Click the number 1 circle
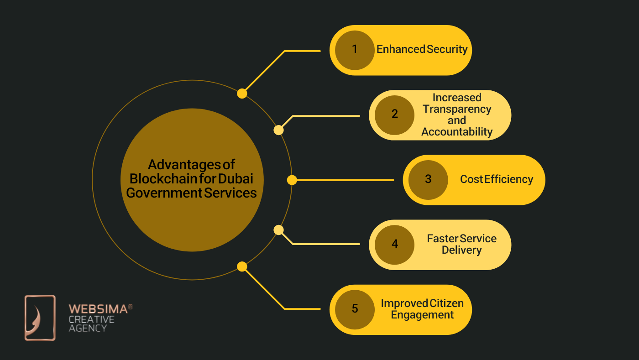tap(355, 50)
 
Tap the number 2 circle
tap(394, 115)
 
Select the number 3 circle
tap(428, 179)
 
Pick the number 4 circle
tap(394, 244)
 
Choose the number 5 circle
tap(355, 309)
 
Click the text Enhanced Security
tap(422, 49)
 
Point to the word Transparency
tap(457, 109)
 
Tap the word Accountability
tap(457, 132)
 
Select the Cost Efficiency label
tap(496, 179)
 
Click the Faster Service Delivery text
tap(461, 244)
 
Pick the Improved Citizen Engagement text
tap(422, 309)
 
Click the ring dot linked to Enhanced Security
tap(242, 94)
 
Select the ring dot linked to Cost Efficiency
tap(292, 180)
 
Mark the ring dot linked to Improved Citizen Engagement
tap(242, 266)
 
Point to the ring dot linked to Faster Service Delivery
tap(278, 230)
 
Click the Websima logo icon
tap(40, 318)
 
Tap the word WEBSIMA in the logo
tap(98, 309)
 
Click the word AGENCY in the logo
tap(88, 328)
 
